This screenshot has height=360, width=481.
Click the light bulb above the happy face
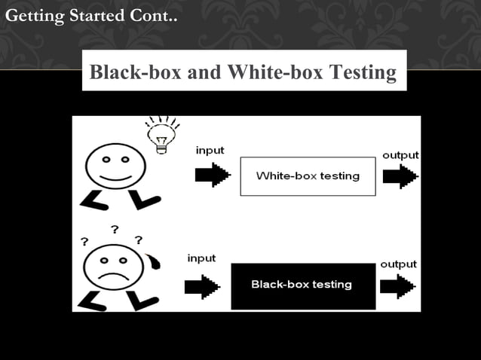(x=160, y=136)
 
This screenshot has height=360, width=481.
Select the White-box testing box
(x=308, y=176)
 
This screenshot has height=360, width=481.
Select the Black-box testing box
(x=302, y=285)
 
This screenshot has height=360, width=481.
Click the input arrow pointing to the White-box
(x=212, y=175)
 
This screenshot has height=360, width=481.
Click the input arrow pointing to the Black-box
(x=202, y=286)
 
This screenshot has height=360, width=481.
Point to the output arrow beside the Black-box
(x=397, y=287)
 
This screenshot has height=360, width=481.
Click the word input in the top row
(x=210, y=151)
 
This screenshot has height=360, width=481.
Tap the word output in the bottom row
(x=398, y=265)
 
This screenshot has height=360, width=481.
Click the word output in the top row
(x=400, y=155)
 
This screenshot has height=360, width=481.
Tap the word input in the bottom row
(x=201, y=258)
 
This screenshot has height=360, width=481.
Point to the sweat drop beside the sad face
(x=155, y=261)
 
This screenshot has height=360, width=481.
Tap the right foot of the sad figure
(x=143, y=300)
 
